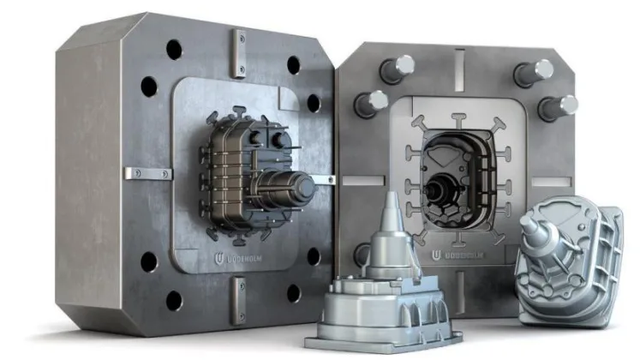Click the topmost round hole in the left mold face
[174, 49]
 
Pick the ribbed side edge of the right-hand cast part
[605, 257]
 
